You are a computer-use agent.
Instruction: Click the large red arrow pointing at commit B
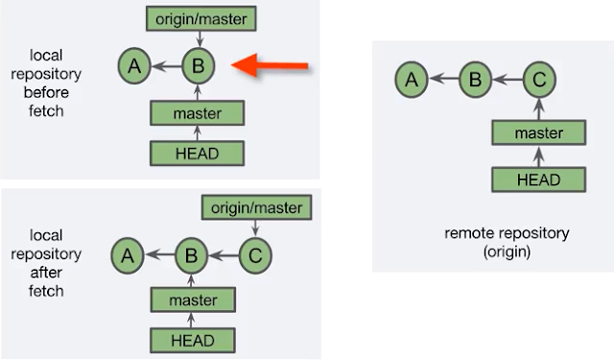point(272,65)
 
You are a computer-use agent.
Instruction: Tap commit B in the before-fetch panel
point(199,66)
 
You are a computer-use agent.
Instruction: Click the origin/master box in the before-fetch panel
point(199,18)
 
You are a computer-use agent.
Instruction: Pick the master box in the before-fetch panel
point(199,114)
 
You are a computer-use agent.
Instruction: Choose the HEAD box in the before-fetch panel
point(199,153)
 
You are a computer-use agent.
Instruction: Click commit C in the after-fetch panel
point(254,256)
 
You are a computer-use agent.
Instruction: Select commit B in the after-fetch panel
point(192,256)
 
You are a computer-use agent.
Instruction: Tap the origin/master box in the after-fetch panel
point(254,207)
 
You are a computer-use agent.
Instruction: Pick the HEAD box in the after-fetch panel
point(192,341)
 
